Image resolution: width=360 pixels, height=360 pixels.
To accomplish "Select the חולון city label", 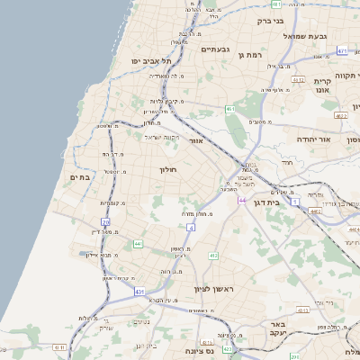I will click(169, 169).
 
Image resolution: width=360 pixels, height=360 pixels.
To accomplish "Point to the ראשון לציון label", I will click(212, 289).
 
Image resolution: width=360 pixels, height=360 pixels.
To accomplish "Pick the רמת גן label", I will click(249, 55).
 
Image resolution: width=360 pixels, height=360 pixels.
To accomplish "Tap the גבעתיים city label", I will click(217, 49).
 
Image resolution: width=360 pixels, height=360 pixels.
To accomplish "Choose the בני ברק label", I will click(271, 20).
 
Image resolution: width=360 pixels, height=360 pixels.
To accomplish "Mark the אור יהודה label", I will click(313, 140).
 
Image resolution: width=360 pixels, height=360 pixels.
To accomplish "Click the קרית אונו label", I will click(322, 84).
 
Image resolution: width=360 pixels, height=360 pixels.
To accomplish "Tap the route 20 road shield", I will click(105, 221).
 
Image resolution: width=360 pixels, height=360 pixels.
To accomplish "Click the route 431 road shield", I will click(139, 292).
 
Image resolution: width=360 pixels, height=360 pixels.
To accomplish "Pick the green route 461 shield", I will click(230, 110).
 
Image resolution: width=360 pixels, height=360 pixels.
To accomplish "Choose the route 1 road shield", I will click(296, 202).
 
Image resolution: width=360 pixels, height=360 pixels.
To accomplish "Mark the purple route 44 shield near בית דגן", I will click(241, 200).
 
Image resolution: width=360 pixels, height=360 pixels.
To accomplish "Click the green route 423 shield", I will click(228, 347).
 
